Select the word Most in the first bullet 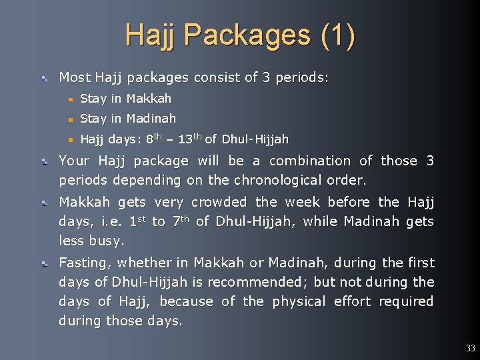click(x=75, y=77)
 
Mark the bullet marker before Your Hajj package click(x=44, y=161)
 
